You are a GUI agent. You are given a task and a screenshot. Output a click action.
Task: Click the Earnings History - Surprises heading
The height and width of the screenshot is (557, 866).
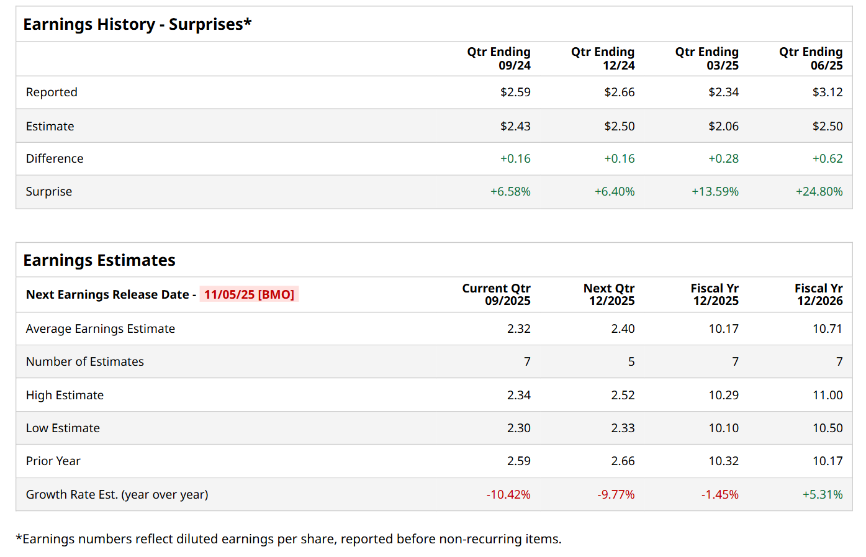(137, 24)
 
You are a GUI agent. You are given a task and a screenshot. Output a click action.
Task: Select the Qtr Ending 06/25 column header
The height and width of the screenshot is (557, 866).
(811, 58)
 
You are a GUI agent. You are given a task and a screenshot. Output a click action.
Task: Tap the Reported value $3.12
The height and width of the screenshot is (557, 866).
(828, 93)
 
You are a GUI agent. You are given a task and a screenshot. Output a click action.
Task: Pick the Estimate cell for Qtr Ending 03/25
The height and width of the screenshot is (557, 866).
(723, 126)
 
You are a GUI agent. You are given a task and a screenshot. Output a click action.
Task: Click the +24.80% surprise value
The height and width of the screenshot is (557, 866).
(819, 192)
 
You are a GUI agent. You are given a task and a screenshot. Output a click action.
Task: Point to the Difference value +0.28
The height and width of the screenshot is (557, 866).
(723, 159)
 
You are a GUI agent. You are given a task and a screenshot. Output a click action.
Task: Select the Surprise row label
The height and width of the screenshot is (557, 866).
(49, 192)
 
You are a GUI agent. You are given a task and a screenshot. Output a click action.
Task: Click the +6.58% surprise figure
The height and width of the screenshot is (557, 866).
(510, 192)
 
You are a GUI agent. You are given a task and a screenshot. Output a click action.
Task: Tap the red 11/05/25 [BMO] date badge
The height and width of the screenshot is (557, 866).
(249, 294)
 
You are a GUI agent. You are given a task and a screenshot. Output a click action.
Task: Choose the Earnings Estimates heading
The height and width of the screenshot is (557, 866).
(99, 260)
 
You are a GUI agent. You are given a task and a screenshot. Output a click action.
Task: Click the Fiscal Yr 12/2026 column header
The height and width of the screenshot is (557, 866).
(818, 294)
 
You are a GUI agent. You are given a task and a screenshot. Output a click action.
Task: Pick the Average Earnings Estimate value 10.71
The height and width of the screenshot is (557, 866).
(828, 329)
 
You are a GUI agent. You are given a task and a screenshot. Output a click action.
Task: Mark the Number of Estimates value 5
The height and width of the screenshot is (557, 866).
(631, 362)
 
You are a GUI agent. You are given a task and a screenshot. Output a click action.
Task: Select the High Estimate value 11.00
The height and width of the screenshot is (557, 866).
(828, 396)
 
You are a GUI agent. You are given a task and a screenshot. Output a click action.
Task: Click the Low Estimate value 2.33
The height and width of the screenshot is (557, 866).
(623, 428)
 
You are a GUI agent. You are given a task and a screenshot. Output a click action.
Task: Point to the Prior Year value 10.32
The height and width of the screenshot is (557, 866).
(723, 461)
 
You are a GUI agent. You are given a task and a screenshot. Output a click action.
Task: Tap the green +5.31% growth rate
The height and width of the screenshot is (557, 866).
(823, 495)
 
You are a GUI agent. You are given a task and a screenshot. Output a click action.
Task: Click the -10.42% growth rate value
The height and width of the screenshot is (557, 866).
(508, 495)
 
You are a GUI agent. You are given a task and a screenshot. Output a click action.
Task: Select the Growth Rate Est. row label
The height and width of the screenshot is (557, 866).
(117, 495)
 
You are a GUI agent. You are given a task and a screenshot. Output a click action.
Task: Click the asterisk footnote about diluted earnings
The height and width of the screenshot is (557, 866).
(289, 539)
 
